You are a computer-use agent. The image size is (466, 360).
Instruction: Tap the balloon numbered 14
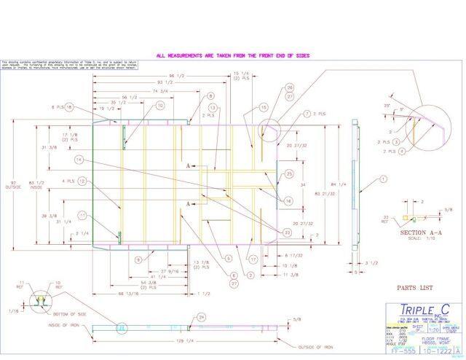tap(77, 160)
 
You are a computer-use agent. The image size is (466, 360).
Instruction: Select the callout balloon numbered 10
tap(160, 105)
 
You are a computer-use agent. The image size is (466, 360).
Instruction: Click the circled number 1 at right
tap(383, 179)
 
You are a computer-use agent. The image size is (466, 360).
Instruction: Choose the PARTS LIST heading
tap(412, 288)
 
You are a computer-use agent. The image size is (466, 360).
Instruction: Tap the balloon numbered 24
tap(202, 317)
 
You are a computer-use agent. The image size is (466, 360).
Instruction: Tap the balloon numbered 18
tap(70, 108)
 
